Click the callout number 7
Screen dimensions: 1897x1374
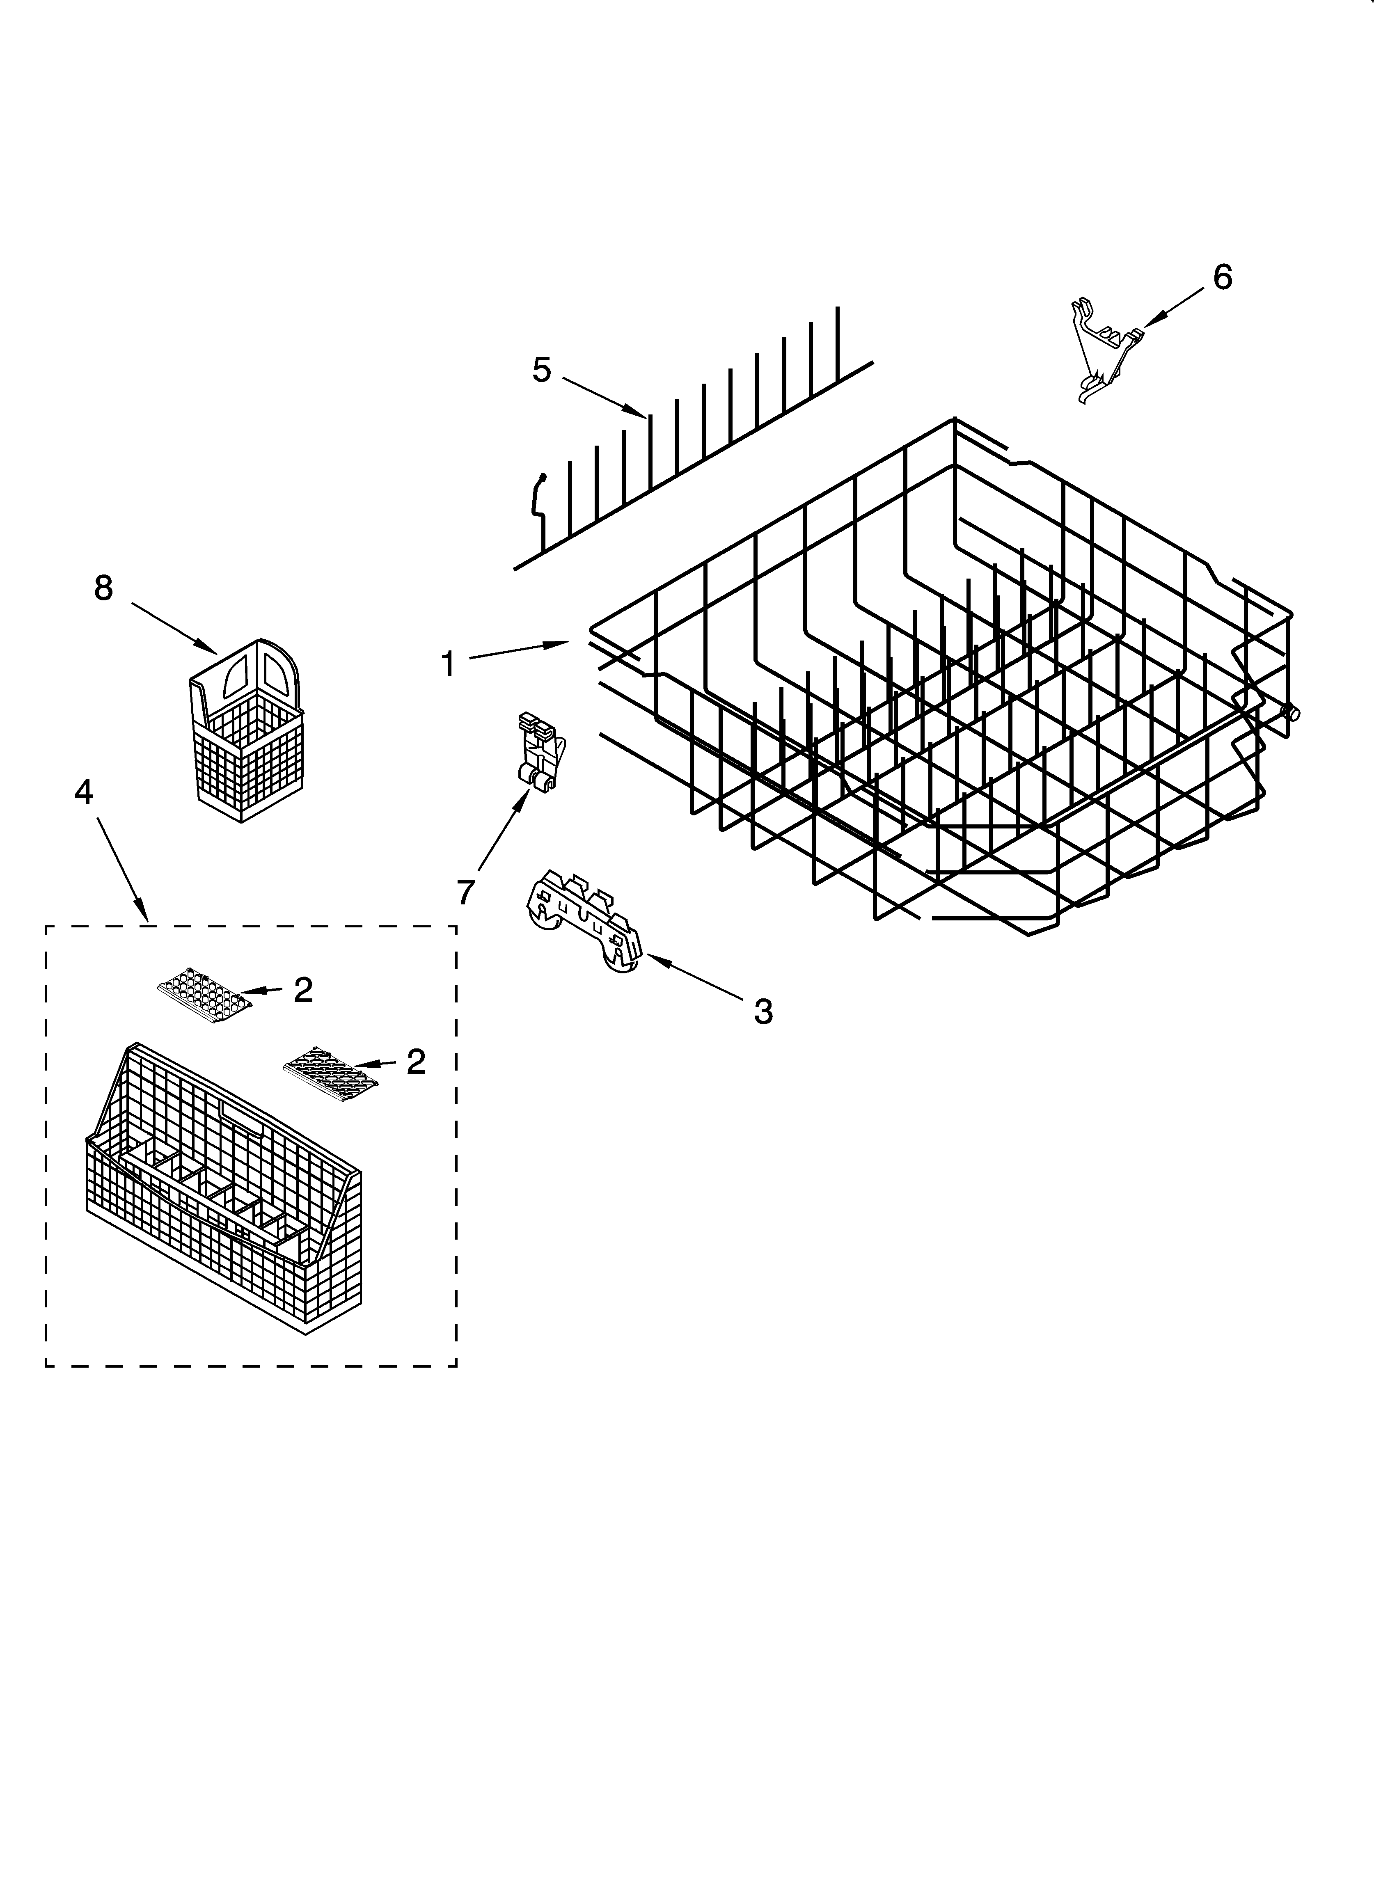[x=465, y=892]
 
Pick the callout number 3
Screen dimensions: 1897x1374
[x=763, y=1012]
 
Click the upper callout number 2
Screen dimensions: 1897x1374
[x=303, y=990]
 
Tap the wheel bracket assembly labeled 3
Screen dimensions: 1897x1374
[x=586, y=920]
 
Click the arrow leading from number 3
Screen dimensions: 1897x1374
[x=694, y=979]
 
